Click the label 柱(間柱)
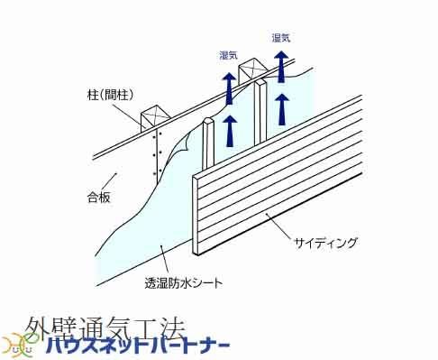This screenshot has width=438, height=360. (110, 96)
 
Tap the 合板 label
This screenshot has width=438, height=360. (98, 198)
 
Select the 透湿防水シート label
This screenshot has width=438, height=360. (184, 283)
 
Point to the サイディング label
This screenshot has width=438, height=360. (325, 243)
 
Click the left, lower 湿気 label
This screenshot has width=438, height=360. (229, 55)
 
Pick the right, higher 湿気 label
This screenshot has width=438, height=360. (281, 38)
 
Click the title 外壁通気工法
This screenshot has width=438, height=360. (105, 328)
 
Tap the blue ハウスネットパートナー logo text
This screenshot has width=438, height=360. (138, 346)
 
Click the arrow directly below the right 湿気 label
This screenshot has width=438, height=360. (281, 67)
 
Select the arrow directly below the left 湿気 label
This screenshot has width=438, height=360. (229, 89)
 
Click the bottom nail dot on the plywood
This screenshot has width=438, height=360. (155, 173)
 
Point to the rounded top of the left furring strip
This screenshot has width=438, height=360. (208, 122)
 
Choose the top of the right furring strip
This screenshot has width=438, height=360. (260, 81)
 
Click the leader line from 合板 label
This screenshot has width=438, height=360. (109, 181)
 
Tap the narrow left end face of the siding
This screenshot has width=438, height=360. (196, 216)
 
